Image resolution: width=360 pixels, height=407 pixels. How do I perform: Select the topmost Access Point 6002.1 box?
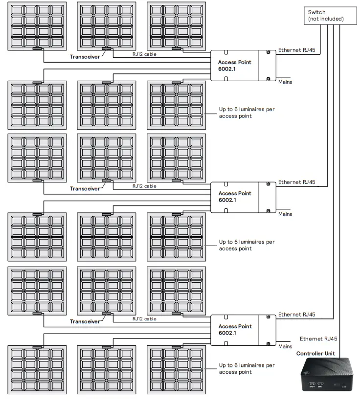(x=243, y=67)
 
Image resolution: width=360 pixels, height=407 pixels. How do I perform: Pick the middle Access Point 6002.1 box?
(x=243, y=197)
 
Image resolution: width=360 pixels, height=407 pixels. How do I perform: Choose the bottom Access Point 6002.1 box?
(x=243, y=329)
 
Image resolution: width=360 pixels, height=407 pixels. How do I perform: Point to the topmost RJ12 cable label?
(x=144, y=54)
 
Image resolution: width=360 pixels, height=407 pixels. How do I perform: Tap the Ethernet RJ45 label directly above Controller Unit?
(x=318, y=339)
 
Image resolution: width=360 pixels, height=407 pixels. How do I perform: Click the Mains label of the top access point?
(x=285, y=82)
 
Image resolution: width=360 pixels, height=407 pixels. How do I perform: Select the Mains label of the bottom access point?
(x=285, y=346)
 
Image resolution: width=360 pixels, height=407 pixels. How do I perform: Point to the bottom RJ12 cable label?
(x=144, y=319)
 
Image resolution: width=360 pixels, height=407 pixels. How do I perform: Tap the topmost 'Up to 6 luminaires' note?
(x=247, y=113)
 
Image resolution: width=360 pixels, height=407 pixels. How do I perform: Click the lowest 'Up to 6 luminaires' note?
(x=247, y=368)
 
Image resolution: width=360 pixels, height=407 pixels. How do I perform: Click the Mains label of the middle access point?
(x=285, y=214)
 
